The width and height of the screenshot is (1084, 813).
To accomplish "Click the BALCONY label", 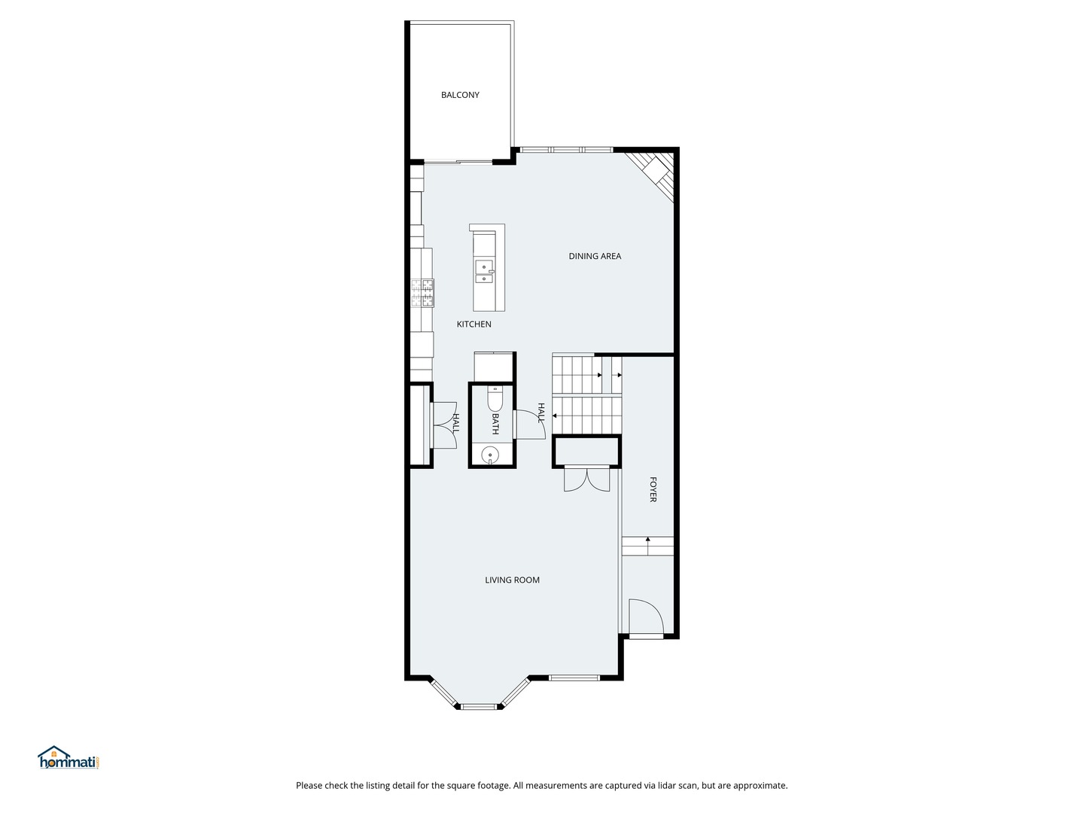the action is tap(460, 95).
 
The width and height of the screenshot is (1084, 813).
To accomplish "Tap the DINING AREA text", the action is tap(595, 256).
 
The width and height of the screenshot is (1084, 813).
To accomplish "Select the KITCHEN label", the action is tap(473, 324).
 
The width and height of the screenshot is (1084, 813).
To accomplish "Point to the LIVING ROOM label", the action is tap(512, 580).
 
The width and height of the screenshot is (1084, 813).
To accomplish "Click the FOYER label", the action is tap(653, 489).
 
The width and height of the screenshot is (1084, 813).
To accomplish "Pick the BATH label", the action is tap(495, 424).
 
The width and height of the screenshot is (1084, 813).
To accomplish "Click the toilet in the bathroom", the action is tap(495, 399).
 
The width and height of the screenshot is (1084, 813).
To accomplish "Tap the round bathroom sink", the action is tap(490, 454).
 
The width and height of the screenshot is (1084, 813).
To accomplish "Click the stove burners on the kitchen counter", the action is tap(423, 293).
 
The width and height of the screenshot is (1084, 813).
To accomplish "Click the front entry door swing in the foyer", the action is tap(645, 617).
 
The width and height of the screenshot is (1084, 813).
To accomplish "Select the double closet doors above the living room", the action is tap(586, 478).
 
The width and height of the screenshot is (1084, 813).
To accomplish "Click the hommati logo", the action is tap(69, 757).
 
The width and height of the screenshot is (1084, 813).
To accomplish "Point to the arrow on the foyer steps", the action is tap(648, 541).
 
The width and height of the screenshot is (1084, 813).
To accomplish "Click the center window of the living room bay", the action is tap(479, 707).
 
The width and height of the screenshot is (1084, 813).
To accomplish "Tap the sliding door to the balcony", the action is tap(458, 161).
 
